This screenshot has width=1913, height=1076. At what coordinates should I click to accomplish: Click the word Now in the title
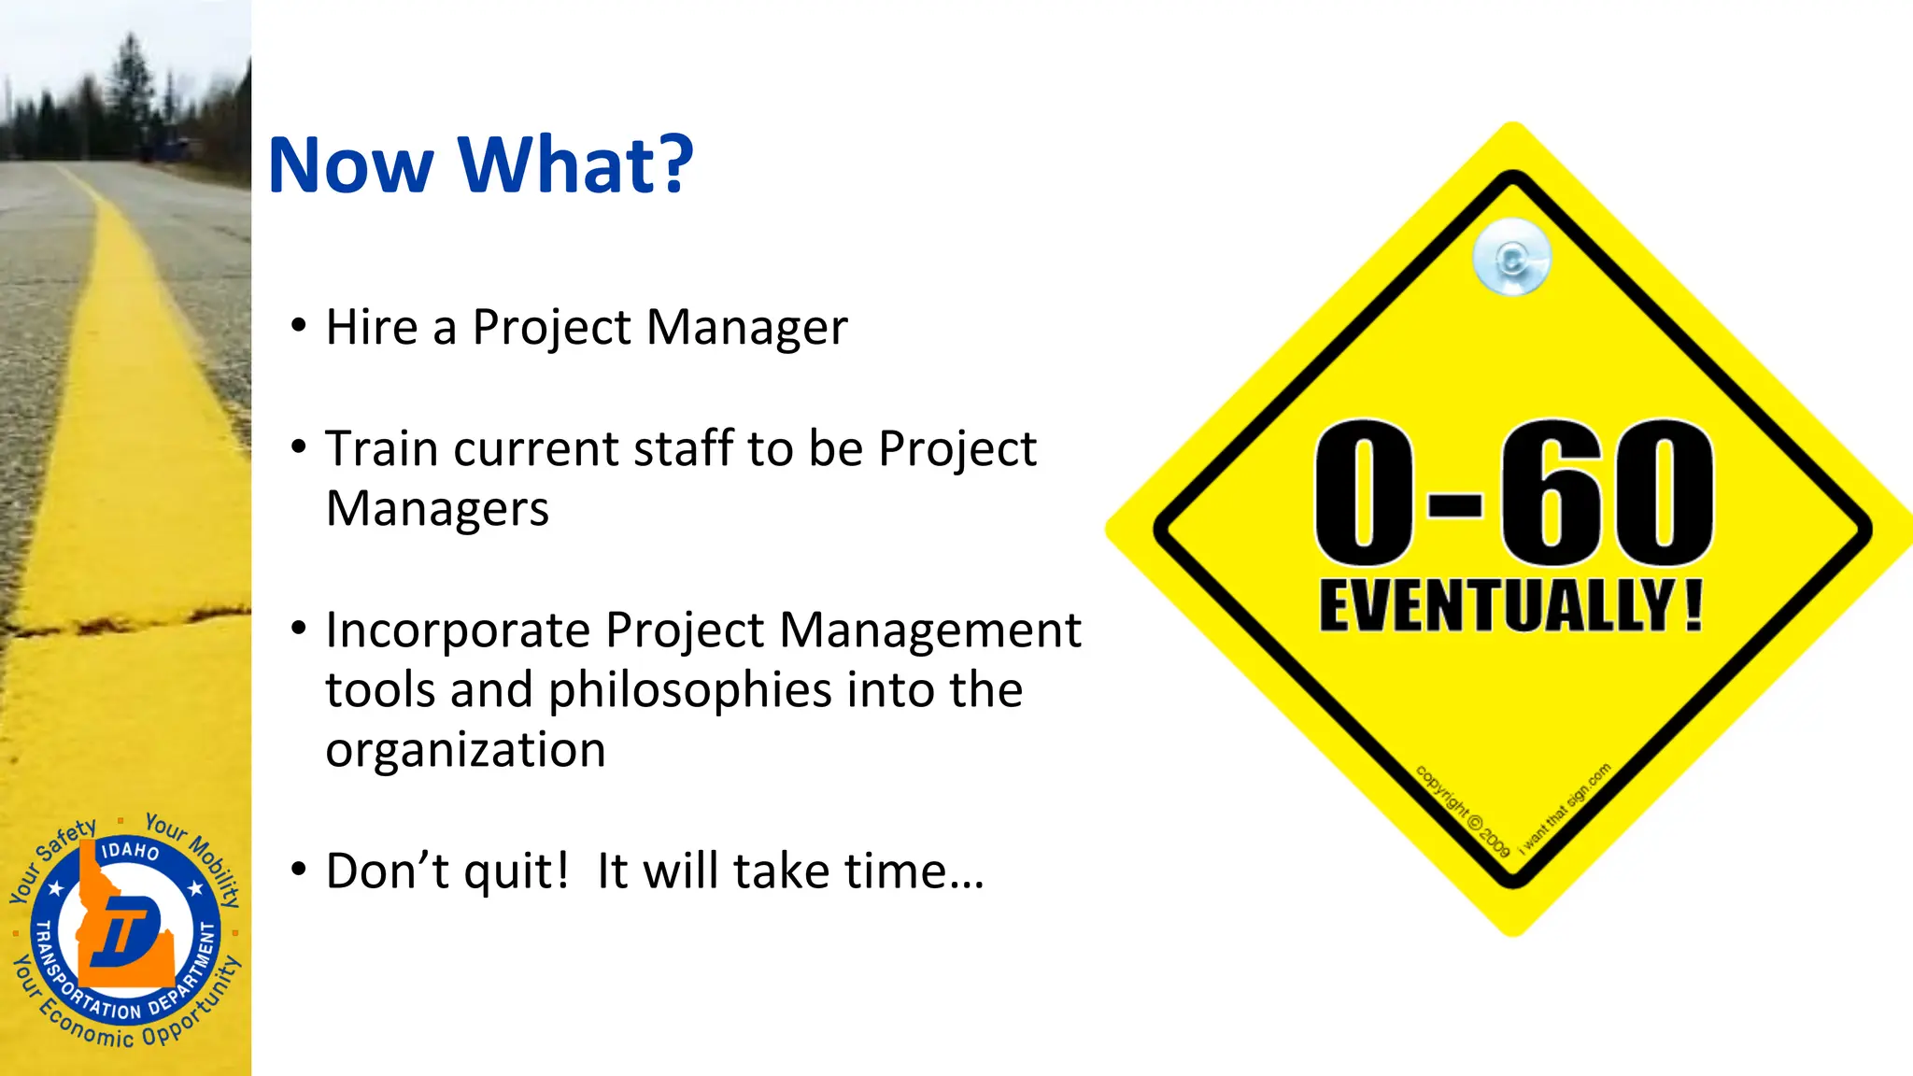350,166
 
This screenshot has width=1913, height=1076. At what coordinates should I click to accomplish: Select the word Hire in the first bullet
371,328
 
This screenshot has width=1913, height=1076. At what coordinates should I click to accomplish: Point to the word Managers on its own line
437,510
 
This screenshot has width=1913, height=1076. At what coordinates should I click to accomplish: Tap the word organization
465,750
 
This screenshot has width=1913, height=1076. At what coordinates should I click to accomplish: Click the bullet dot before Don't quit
298,870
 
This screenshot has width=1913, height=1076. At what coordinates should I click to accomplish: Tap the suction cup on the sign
1511,257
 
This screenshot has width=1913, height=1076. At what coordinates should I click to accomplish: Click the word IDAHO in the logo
130,850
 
